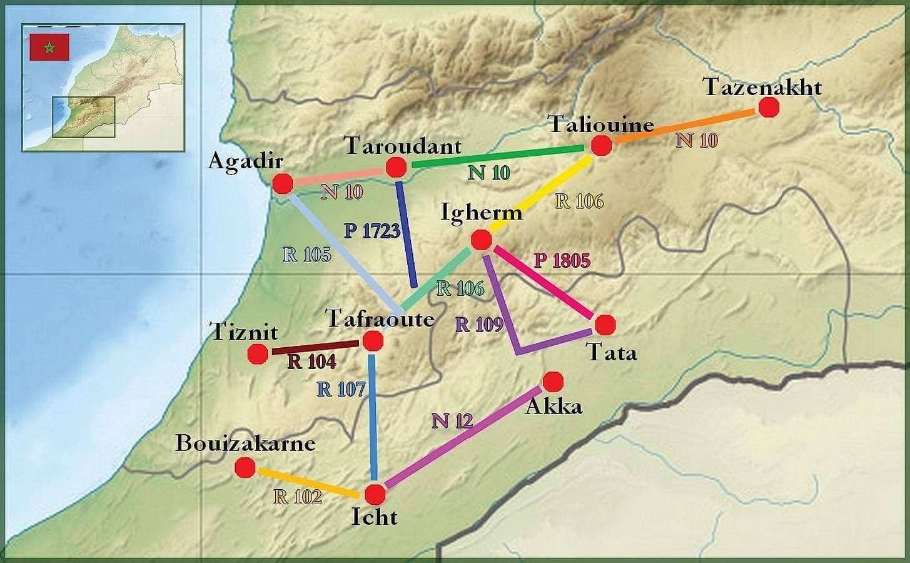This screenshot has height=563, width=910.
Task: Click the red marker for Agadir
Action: (283, 184)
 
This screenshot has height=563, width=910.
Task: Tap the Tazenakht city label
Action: (762, 87)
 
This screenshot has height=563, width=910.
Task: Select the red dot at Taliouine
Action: (601, 146)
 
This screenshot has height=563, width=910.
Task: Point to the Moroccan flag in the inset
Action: (49, 48)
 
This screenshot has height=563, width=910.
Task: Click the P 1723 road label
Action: (372, 231)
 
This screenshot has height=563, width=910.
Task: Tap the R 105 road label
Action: (306, 255)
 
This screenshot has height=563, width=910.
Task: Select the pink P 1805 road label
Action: (562, 260)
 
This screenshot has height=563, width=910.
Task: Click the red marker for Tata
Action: (605, 325)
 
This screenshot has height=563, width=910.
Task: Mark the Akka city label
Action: (554, 407)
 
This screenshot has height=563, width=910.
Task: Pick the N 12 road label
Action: (452, 421)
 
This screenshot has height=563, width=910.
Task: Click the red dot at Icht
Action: (375, 494)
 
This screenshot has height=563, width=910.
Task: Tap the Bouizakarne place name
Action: (245, 444)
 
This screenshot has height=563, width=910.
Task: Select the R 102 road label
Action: (298, 497)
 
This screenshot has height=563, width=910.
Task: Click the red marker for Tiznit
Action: (258, 354)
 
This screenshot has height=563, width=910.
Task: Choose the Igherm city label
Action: (481, 213)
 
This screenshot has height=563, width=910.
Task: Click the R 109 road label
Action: (479, 324)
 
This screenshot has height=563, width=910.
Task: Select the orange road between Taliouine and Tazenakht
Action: (685, 126)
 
